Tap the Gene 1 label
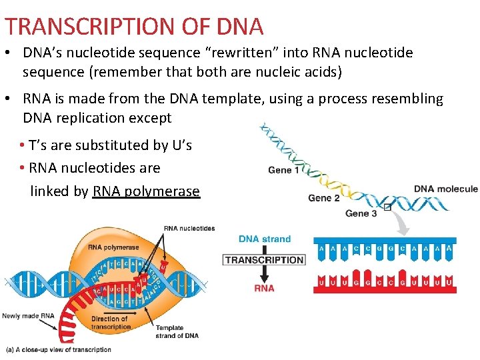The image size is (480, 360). click(284, 170)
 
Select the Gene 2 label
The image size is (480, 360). click(324, 198)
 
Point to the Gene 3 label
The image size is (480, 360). click(361, 213)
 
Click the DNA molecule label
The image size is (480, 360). click(446, 189)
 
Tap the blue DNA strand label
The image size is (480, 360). click(265, 239)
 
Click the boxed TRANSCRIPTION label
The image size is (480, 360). click(264, 260)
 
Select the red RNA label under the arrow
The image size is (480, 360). click(264, 288)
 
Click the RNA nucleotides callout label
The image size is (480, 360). click(189, 229)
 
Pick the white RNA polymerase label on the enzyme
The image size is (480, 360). click(113, 247)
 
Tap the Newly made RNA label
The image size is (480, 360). click(28, 316)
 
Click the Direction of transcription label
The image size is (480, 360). click(111, 323)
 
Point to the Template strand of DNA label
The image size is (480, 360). click(177, 331)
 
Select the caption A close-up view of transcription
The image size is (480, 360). click(59, 349)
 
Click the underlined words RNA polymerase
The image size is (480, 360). click(146, 191)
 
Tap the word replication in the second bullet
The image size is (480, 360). click(97, 118)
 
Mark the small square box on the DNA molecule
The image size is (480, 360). click(387, 207)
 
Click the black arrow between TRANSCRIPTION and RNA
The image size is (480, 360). click(264, 275)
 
